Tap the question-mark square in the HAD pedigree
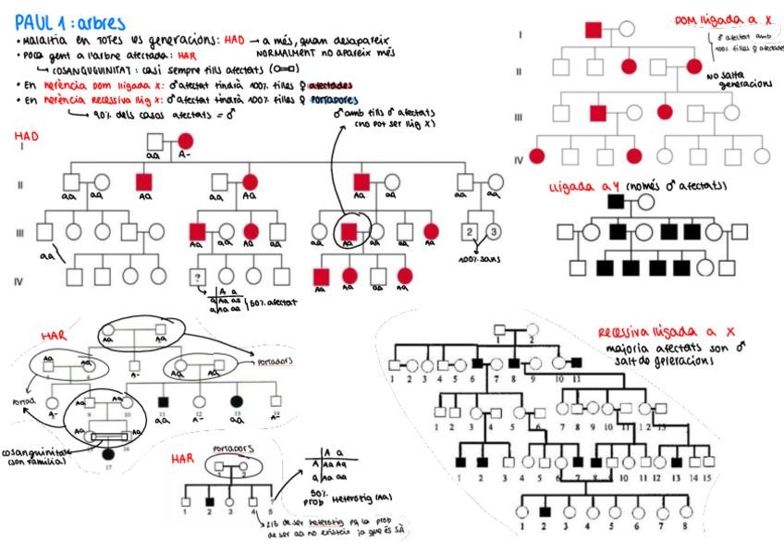(197, 276)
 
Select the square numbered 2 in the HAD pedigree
(470, 230)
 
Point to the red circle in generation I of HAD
(185, 142)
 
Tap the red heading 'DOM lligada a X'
(712, 19)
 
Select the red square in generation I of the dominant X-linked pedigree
(594, 30)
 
